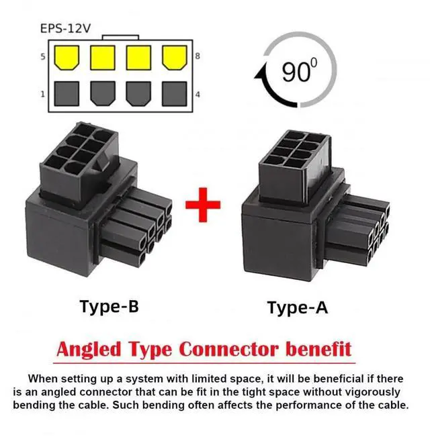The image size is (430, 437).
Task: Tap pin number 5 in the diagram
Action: click(x=42, y=57)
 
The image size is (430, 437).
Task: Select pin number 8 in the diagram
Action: click(x=197, y=57)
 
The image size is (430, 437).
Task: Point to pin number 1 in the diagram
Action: click(x=42, y=94)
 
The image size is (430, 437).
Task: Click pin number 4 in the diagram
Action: click(x=197, y=94)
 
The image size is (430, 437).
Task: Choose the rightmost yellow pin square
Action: click(x=175, y=58)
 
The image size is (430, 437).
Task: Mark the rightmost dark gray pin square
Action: click(x=175, y=93)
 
